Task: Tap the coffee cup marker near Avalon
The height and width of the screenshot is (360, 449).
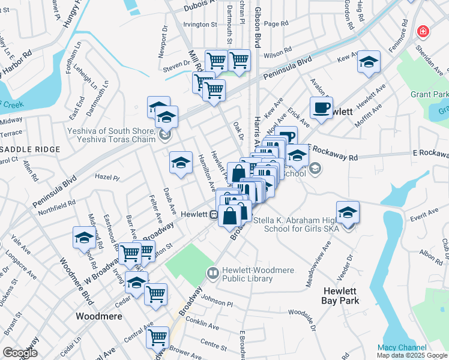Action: [321, 107]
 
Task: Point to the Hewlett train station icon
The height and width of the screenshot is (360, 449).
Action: [213, 214]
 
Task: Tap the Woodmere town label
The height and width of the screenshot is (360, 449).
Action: [99, 316]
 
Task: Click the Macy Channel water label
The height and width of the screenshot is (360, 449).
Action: [402, 347]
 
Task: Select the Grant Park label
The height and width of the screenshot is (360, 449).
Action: [429, 95]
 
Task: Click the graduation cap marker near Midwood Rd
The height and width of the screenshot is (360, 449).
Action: [84, 238]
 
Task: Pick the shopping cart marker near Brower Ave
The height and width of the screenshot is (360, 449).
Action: [157, 337]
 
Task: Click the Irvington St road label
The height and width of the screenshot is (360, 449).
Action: [200, 25]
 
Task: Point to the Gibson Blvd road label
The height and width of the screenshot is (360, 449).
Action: [258, 33]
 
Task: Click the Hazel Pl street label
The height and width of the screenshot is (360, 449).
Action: [108, 178]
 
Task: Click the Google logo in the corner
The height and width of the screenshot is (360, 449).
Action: [20, 353]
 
